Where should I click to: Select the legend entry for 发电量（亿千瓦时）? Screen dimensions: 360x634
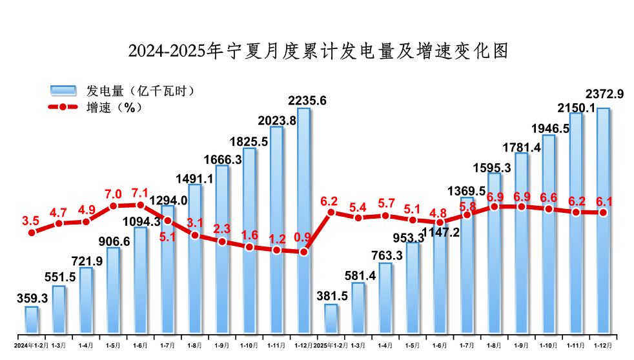[122, 91]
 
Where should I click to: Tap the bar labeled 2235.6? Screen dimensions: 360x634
[303, 223]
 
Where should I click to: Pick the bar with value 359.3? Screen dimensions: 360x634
[31, 321]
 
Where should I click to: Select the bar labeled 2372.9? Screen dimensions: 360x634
[603, 223]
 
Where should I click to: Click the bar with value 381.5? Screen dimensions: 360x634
[331, 320]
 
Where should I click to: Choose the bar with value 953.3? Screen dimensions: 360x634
[412, 290]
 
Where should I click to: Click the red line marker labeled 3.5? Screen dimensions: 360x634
[31, 232]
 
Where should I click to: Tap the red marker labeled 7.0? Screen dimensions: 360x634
[113, 206]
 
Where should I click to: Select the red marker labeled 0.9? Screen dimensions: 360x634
[303, 252]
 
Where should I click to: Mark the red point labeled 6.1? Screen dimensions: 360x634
[603, 212]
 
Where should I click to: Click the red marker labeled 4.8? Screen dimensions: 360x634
[440, 222]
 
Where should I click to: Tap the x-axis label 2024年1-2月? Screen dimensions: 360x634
[30, 345]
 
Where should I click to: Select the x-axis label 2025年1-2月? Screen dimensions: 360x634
[330, 345]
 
